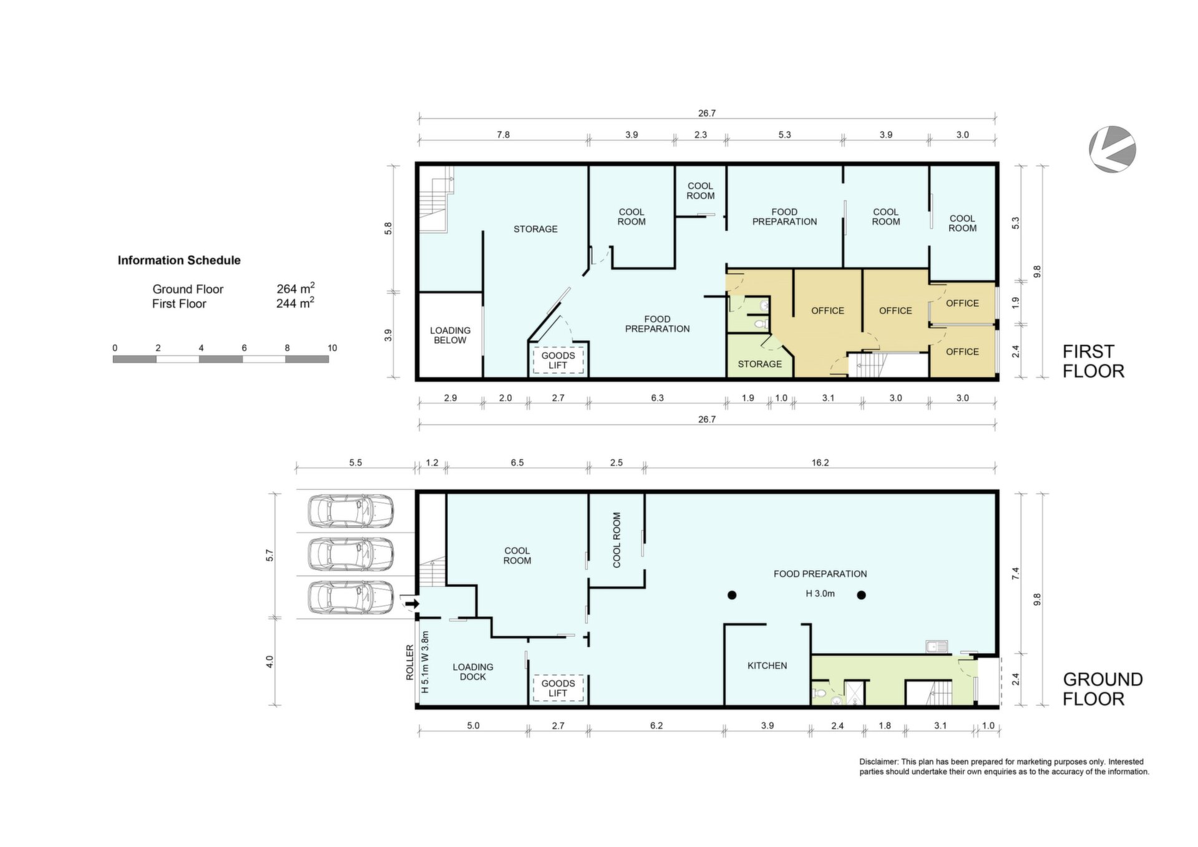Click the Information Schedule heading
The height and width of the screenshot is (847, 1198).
click(179, 260)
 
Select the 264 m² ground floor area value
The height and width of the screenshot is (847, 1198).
click(295, 288)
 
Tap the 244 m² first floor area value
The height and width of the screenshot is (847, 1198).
click(295, 303)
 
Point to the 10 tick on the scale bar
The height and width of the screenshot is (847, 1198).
click(332, 348)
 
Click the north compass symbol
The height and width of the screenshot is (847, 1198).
click(1113, 149)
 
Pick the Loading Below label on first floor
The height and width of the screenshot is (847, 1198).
click(450, 335)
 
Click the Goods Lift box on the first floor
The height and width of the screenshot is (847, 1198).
click(558, 360)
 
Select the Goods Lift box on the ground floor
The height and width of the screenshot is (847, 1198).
click(558, 688)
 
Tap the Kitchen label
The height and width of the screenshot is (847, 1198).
click(767, 666)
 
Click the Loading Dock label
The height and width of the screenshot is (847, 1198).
click(473, 672)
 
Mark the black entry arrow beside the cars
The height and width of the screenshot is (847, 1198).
click(412, 604)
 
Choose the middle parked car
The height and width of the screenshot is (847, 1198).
click(351, 554)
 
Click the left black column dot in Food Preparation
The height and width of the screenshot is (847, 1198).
click(732, 595)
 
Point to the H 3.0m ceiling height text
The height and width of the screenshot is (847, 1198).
click(820, 594)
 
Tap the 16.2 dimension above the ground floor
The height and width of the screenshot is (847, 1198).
click(820, 463)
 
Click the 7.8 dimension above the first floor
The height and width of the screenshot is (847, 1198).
click(503, 134)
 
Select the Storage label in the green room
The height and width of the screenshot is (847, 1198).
click(759, 364)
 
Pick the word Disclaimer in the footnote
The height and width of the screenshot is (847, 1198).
click(879, 761)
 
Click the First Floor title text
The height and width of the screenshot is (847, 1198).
click(1093, 361)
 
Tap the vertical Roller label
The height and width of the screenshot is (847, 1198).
click(410, 662)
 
